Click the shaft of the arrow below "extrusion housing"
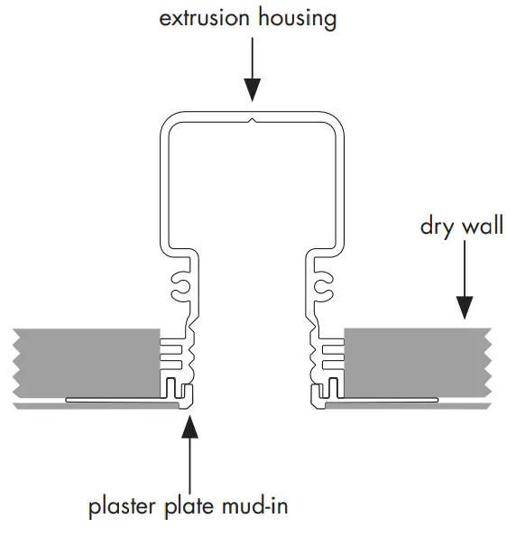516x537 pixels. [253, 59]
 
